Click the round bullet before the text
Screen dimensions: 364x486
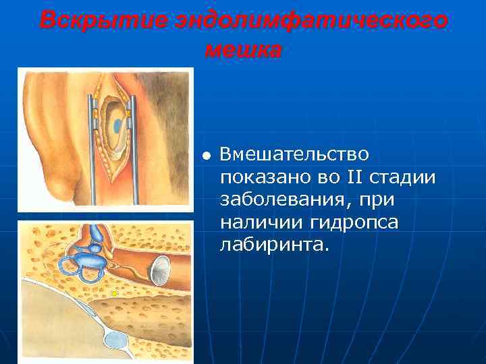[207, 156]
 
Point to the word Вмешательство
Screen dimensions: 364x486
[294, 154]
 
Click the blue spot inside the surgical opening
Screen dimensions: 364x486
[118, 125]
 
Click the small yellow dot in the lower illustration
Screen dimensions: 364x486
[115, 293]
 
